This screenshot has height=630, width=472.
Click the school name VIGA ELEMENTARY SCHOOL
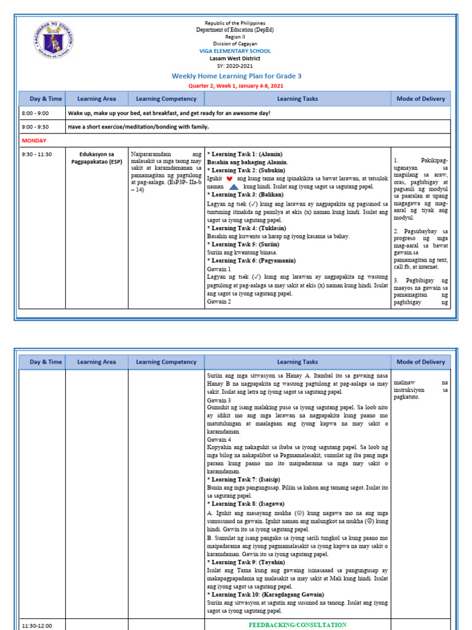tap(235, 51)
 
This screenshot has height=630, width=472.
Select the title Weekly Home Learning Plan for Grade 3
tap(236, 76)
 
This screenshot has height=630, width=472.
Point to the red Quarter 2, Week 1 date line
tap(235, 86)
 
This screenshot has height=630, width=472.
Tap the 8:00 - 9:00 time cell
tap(35, 114)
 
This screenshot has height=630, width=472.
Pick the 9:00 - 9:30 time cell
tap(35, 127)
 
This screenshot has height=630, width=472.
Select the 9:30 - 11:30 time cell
tap(37, 154)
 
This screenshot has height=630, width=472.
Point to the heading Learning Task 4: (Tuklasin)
tap(246, 228)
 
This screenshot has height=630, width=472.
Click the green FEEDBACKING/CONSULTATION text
tap(297, 624)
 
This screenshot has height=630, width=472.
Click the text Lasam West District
tap(235, 58)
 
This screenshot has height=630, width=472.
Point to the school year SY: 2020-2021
tap(235, 66)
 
